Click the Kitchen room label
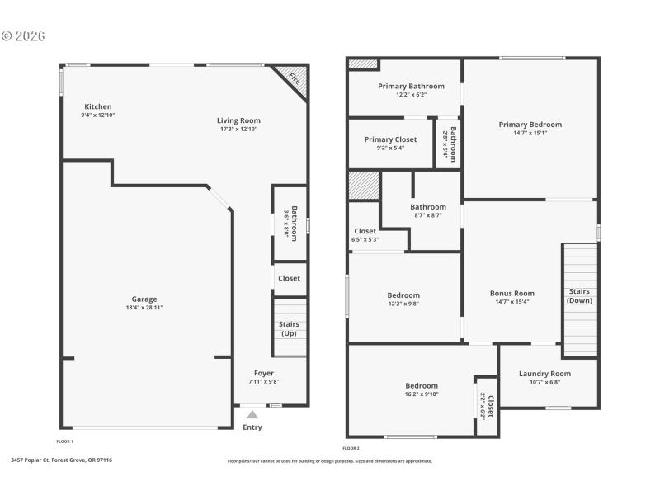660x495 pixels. point(97,106)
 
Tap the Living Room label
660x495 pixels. point(238,120)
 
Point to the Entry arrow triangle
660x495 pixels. point(252,414)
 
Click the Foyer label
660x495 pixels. point(263,373)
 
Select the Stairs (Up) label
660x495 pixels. point(289,328)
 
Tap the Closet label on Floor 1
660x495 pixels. point(289,278)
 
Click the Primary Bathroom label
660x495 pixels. point(411,86)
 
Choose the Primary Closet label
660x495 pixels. point(390,139)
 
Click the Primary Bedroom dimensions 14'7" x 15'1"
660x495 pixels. point(530,133)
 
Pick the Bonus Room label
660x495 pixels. point(511,293)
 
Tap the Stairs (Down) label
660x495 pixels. point(579,295)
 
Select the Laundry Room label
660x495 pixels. point(544,374)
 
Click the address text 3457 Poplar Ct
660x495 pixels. point(61,460)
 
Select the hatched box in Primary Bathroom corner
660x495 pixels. point(362,64)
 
